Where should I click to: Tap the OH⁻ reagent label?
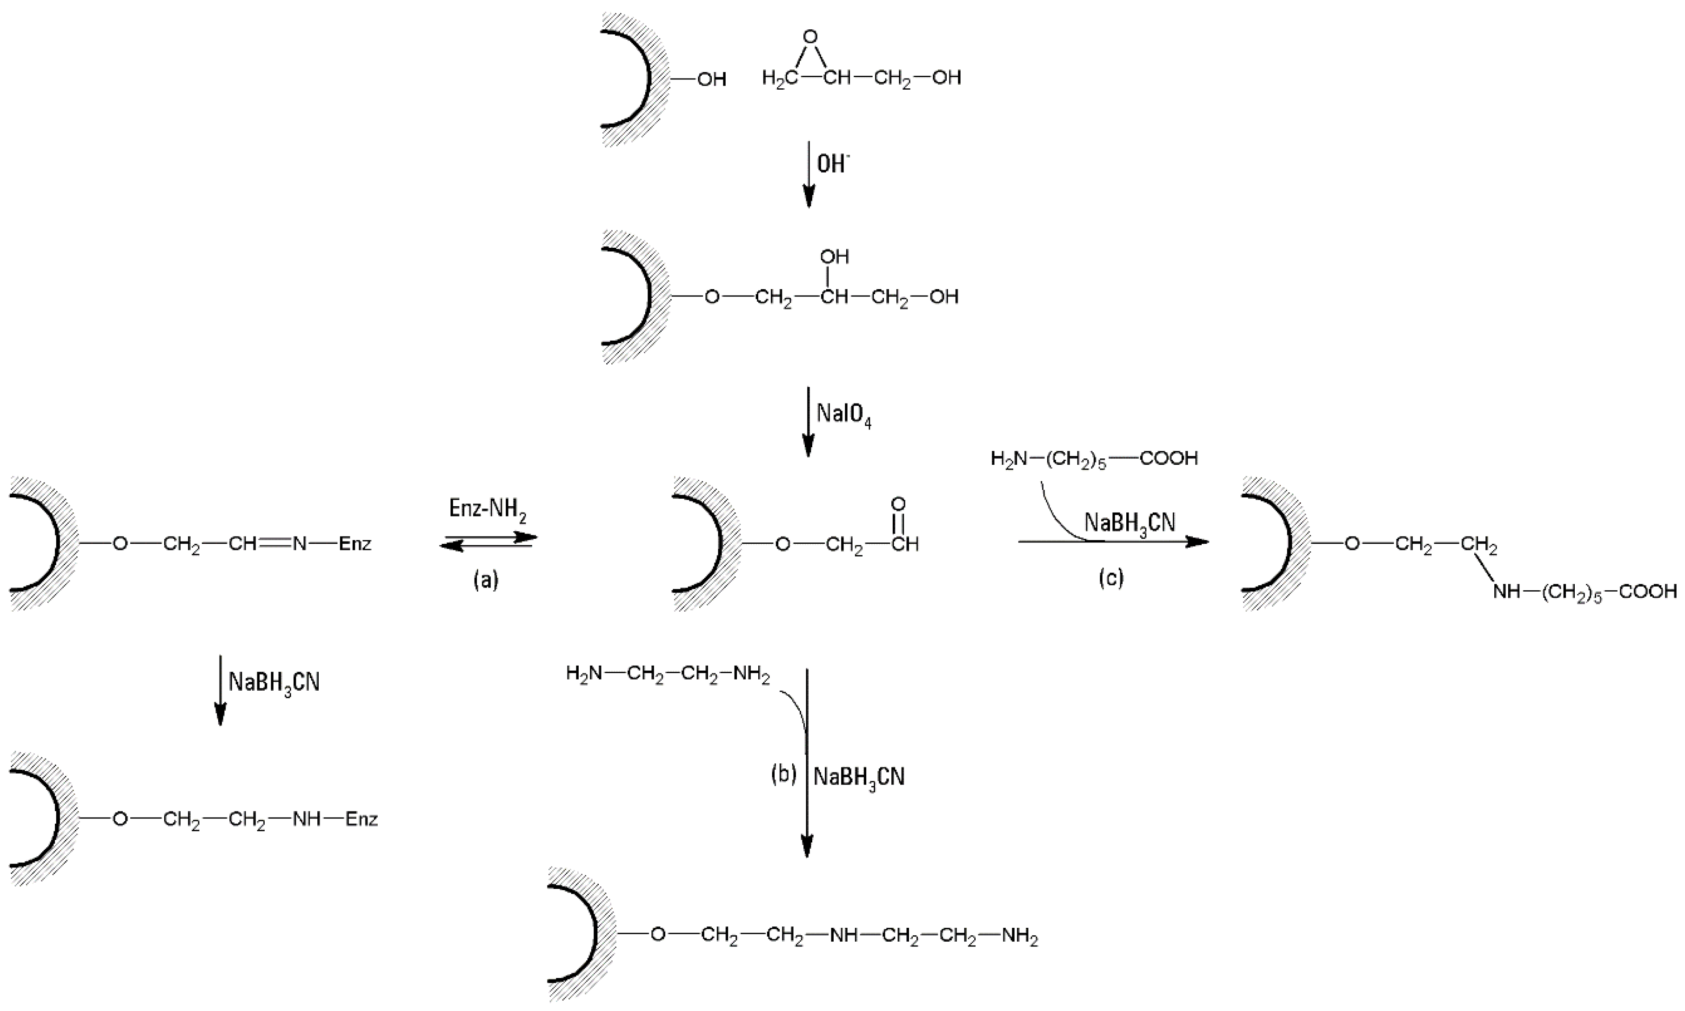coord(832,164)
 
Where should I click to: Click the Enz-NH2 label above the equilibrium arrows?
coord(488,509)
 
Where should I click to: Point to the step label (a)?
coord(486,580)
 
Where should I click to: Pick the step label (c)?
coord(1111,578)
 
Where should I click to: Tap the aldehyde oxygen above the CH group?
coord(898,504)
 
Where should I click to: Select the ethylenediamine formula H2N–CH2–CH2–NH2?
coord(668,675)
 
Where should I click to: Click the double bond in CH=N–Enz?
coord(274,543)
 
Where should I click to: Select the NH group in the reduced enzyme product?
coord(306,818)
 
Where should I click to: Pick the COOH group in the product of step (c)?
coord(1647,591)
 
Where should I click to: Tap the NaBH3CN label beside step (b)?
coord(859,777)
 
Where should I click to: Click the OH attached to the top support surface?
coord(711,79)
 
